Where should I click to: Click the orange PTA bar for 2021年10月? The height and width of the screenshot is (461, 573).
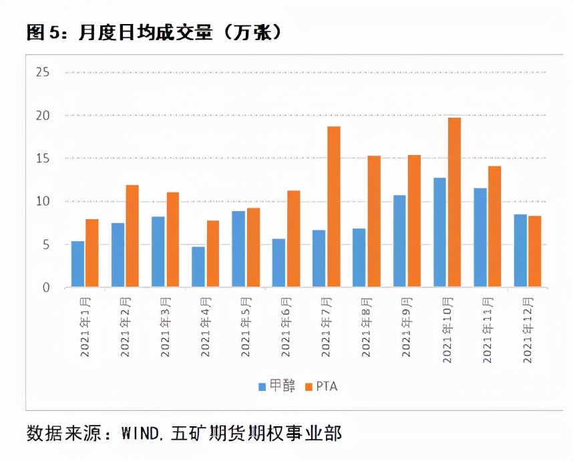tap(454, 202)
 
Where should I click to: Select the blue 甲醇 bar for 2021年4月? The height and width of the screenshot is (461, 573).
tap(198, 267)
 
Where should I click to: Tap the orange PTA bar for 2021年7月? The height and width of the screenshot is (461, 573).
tap(334, 206)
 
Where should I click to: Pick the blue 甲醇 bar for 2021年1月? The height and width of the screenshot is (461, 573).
tap(77, 265)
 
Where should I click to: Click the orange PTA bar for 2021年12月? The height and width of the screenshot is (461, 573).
tap(534, 251)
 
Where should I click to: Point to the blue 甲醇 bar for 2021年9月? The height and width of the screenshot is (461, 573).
tap(399, 241)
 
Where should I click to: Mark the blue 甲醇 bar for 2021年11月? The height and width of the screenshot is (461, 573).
tap(480, 238)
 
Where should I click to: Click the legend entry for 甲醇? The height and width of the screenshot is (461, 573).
tap(272, 386)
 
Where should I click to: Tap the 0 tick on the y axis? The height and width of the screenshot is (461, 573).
tap(45, 288)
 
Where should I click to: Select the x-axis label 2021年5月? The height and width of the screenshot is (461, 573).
tap(246, 327)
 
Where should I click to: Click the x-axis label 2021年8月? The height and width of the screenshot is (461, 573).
tap(367, 327)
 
